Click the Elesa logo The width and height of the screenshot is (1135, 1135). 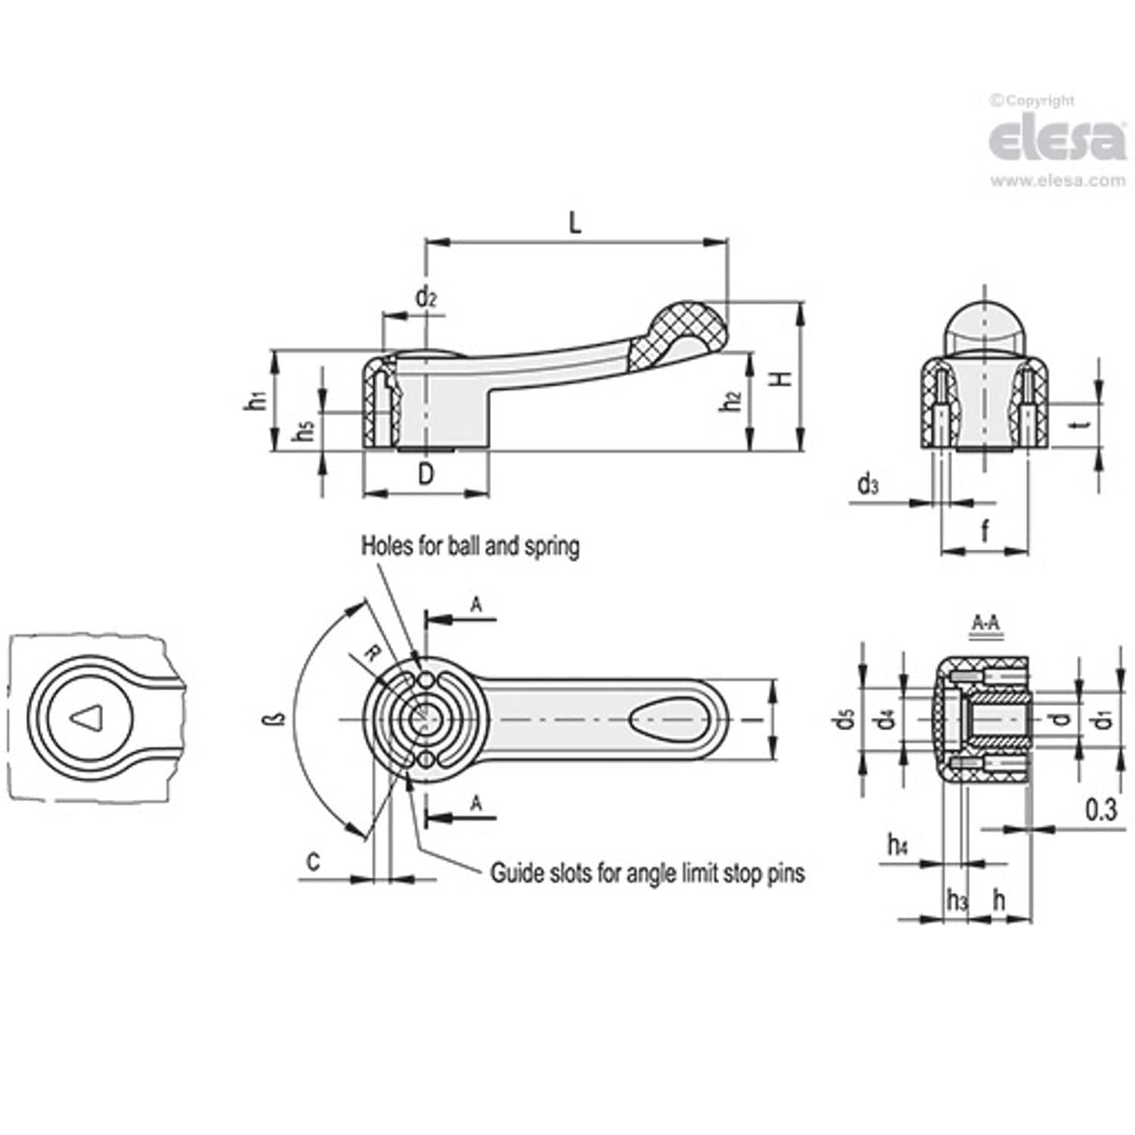(x=1056, y=139)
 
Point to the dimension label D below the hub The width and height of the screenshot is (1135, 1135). (x=425, y=474)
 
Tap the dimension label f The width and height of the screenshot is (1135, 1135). (x=984, y=533)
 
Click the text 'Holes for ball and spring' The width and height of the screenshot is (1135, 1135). (x=470, y=546)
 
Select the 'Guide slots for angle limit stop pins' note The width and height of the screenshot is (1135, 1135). (x=647, y=873)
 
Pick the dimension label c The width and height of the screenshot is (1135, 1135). (x=314, y=860)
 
